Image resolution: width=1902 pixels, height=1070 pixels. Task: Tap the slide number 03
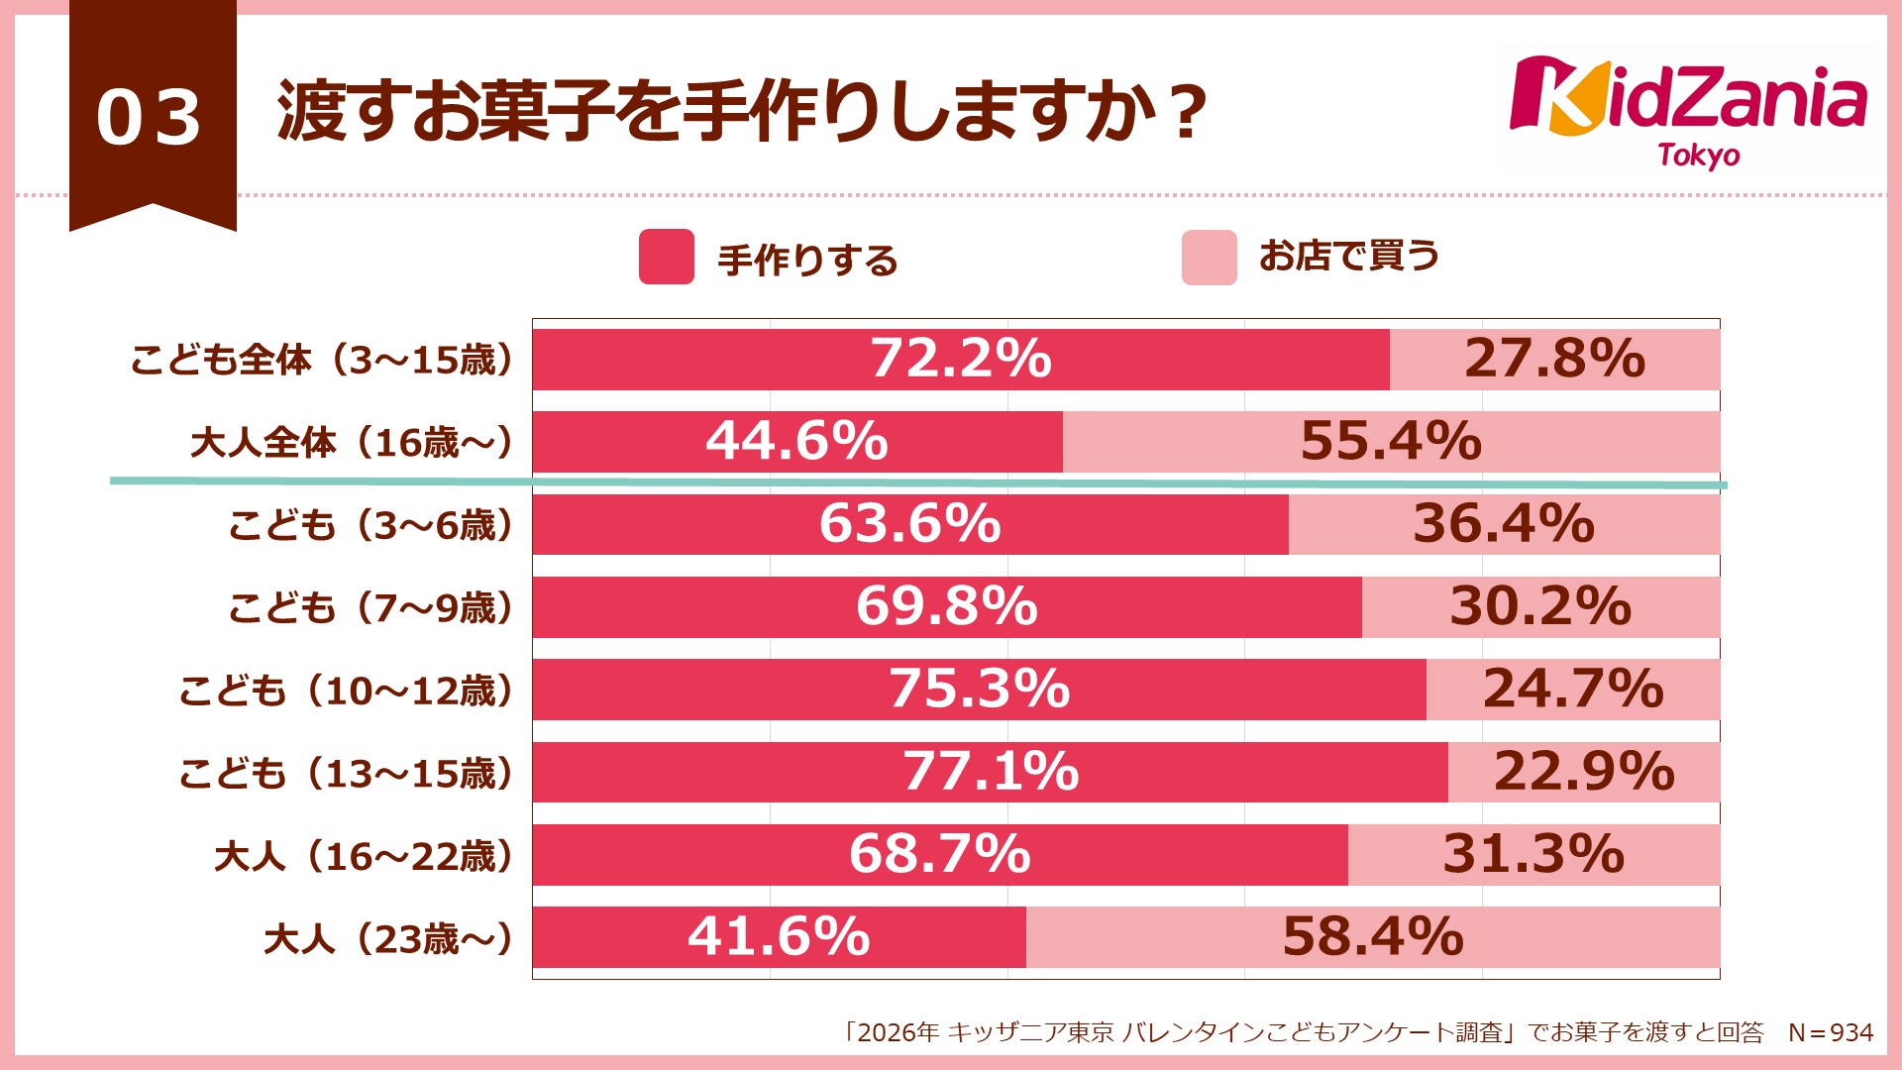[x=150, y=118]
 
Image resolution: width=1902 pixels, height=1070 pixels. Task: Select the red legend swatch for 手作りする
[x=666, y=257]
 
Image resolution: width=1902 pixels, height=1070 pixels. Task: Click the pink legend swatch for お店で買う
[x=1209, y=258]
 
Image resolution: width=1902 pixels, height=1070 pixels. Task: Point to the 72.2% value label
[x=960, y=358]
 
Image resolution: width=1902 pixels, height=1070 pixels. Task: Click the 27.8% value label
[x=1554, y=358]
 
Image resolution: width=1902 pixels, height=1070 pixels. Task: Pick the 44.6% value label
[x=796, y=441]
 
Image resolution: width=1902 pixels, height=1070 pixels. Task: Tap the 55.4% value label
[x=1391, y=441]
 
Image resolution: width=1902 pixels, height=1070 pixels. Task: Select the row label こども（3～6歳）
[x=371, y=525]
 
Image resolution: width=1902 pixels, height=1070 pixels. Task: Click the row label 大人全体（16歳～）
[x=352, y=442]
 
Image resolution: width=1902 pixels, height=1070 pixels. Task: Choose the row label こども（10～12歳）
[x=346, y=691]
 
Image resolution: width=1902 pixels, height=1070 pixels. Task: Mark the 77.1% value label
[x=991, y=771]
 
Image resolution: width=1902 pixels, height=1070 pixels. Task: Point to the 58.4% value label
[x=1373, y=936]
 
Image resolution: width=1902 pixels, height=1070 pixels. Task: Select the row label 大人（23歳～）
[x=388, y=938]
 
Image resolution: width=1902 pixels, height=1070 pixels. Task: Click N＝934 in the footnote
[x=1831, y=1033]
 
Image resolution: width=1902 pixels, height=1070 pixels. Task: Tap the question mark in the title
[x=1186, y=113]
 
